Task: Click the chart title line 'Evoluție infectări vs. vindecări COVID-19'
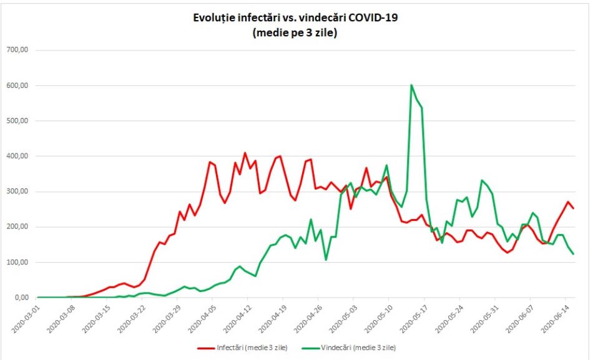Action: tap(295, 18)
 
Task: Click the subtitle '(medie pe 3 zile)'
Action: tap(295, 33)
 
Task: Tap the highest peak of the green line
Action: tap(411, 85)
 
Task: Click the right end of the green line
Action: tap(573, 253)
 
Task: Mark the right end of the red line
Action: tap(573, 208)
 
